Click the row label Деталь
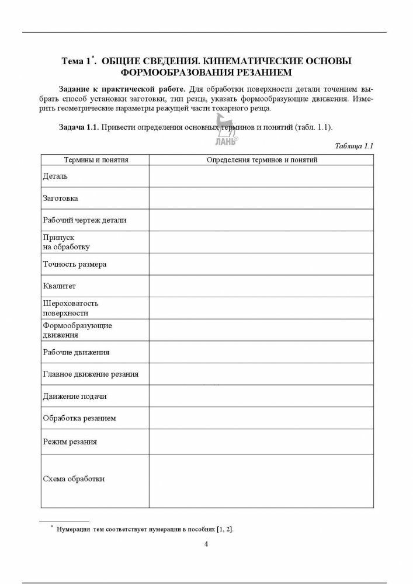click(x=55, y=176)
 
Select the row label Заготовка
click(x=61, y=198)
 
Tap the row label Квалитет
click(x=60, y=286)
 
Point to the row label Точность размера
click(x=75, y=264)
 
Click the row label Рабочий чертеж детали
click(x=85, y=220)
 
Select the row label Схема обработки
click(x=74, y=479)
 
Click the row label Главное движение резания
click(x=91, y=374)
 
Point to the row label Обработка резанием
click(x=79, y=418)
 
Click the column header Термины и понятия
click(x=95, y=159)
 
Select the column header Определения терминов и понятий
click(x=262, y=159)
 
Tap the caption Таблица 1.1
click(x=354, y=146)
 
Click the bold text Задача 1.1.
click(x=79, y=127)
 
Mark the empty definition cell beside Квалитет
click(x=262, y=286)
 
